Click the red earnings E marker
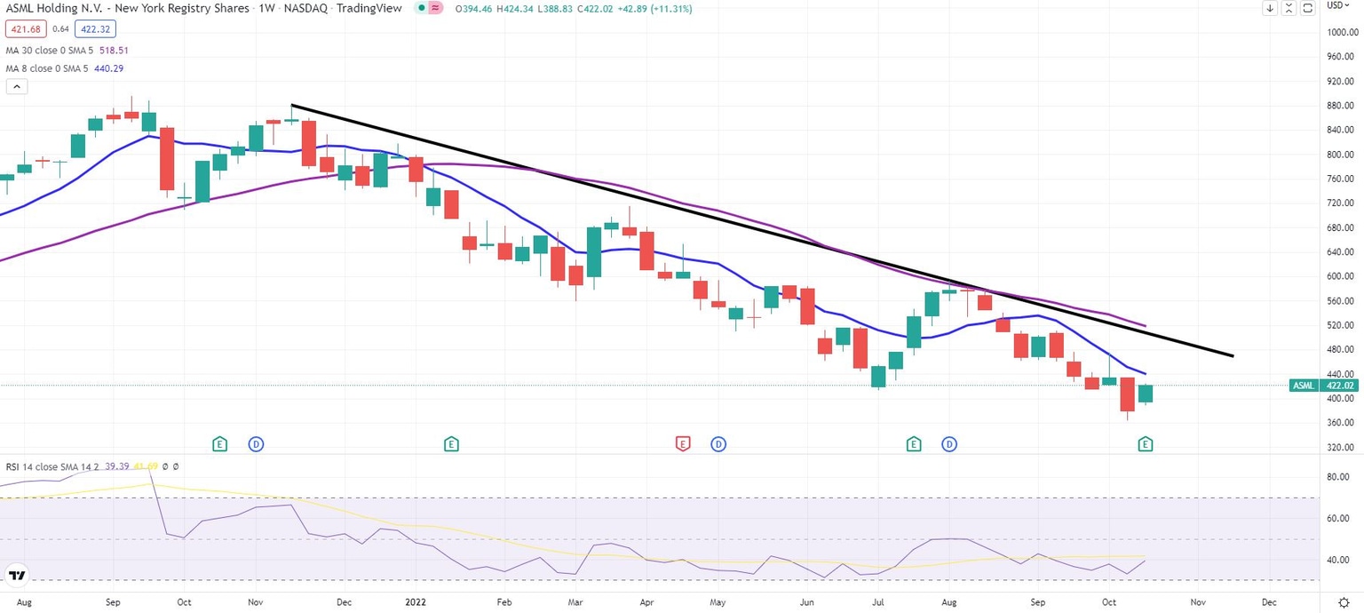(683, 443)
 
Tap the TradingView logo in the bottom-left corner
(16, 575)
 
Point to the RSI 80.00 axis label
(1337, 477)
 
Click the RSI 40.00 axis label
(1337, 560)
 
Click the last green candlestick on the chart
(1146, 394)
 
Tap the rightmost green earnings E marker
(1146, 443)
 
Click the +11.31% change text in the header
(672, 9)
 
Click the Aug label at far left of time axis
(24, 601)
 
